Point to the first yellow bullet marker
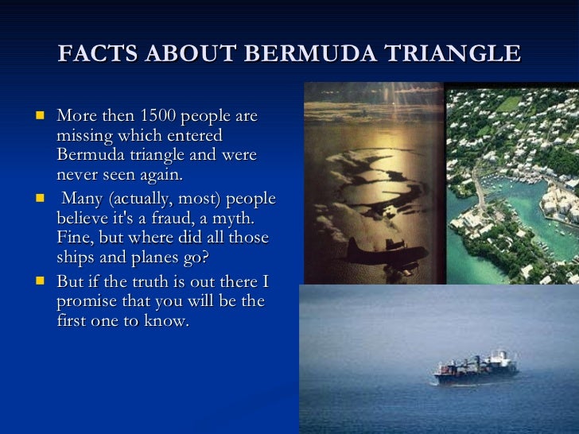point(39,116)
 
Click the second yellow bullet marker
point(39,199)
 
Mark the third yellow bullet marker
point(39,281)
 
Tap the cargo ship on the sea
point(476,367)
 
